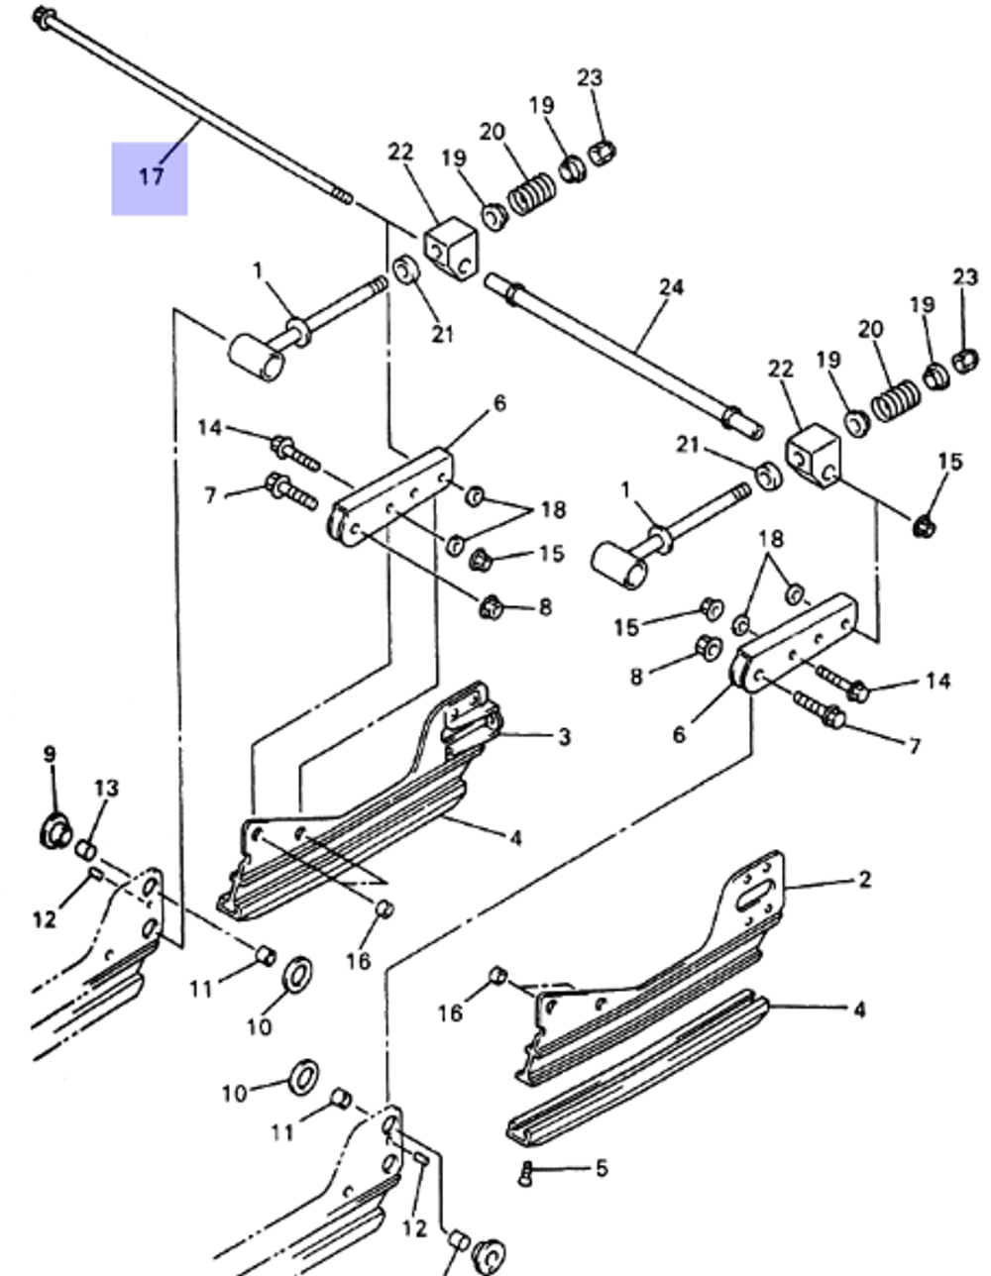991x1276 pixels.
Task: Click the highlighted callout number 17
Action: (x=150, y=177)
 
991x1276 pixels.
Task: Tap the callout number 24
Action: (x=671, y=287)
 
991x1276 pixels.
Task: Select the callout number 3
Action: (x=564, y=737)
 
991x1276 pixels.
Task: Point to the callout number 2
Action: (x=864, y=880)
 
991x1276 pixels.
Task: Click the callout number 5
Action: (x=602, y=1169)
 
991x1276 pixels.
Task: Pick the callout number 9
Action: (x=50, y=755)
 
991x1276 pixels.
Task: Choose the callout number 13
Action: (x=106, y=789)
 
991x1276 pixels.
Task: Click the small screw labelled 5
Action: (x=525, y=1175)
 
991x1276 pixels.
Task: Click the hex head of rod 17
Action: (x=43, y=17)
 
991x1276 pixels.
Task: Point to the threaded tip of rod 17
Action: (x=341, y=196)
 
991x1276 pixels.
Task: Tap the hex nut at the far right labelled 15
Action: (x=924, y=526)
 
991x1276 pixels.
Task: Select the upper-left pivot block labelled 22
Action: (x=452, y=250)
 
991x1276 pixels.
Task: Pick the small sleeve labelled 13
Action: (x=86, y=850)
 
